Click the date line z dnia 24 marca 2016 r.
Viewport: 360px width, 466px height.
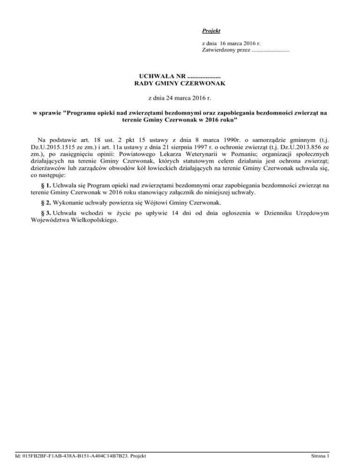180,98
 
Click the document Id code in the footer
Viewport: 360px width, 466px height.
80,455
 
